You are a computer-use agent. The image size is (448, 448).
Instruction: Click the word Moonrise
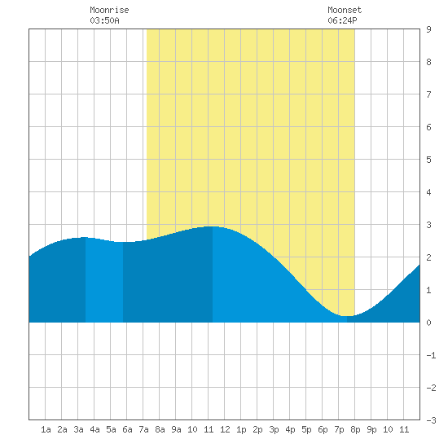109,10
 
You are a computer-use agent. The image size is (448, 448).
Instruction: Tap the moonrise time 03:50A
104,20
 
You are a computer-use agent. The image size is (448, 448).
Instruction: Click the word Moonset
345,10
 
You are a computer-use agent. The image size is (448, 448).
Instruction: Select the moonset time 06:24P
342,20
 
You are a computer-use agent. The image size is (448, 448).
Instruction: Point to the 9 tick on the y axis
428,29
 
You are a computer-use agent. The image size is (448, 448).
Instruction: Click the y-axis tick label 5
428,160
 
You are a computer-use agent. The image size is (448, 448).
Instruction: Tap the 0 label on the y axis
428,323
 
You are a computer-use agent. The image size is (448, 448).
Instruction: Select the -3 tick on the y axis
431,420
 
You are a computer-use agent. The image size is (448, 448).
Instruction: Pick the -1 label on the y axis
431,355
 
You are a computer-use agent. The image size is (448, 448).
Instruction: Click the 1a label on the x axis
46,429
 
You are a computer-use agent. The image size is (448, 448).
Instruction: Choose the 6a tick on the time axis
127,429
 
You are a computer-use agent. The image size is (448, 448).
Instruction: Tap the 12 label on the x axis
225,429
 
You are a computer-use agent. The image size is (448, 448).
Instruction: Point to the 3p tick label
274,429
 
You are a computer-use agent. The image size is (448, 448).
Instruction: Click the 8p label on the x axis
355,429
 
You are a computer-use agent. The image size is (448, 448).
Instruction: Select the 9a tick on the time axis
176,429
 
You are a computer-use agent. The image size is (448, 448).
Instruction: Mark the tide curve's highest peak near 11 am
213,226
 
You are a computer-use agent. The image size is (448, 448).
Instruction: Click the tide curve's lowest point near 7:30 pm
347,316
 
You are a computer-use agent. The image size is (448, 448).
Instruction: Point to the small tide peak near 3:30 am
84,237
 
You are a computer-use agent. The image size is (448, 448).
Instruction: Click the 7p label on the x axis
339,429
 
